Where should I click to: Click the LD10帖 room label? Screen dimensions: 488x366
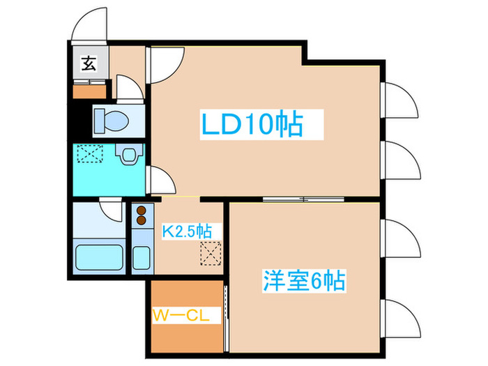[252, 123]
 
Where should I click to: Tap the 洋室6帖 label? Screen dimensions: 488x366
[304, 281]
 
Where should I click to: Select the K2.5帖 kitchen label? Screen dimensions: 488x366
[187, 231]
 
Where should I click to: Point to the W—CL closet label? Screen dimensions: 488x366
[181, 316]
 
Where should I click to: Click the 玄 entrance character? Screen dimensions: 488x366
[89, 63]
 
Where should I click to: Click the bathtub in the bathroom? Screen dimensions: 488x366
[99, 257]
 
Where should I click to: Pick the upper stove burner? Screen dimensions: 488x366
[142, 211]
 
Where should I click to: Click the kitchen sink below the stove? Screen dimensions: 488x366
[142, 257]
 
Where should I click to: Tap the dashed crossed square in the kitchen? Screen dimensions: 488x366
[211, 253]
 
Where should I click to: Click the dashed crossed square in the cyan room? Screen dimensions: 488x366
[90, 153]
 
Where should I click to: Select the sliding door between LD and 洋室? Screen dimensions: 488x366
[303, 199]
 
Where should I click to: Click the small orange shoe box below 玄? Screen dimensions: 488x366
[90, 92]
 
